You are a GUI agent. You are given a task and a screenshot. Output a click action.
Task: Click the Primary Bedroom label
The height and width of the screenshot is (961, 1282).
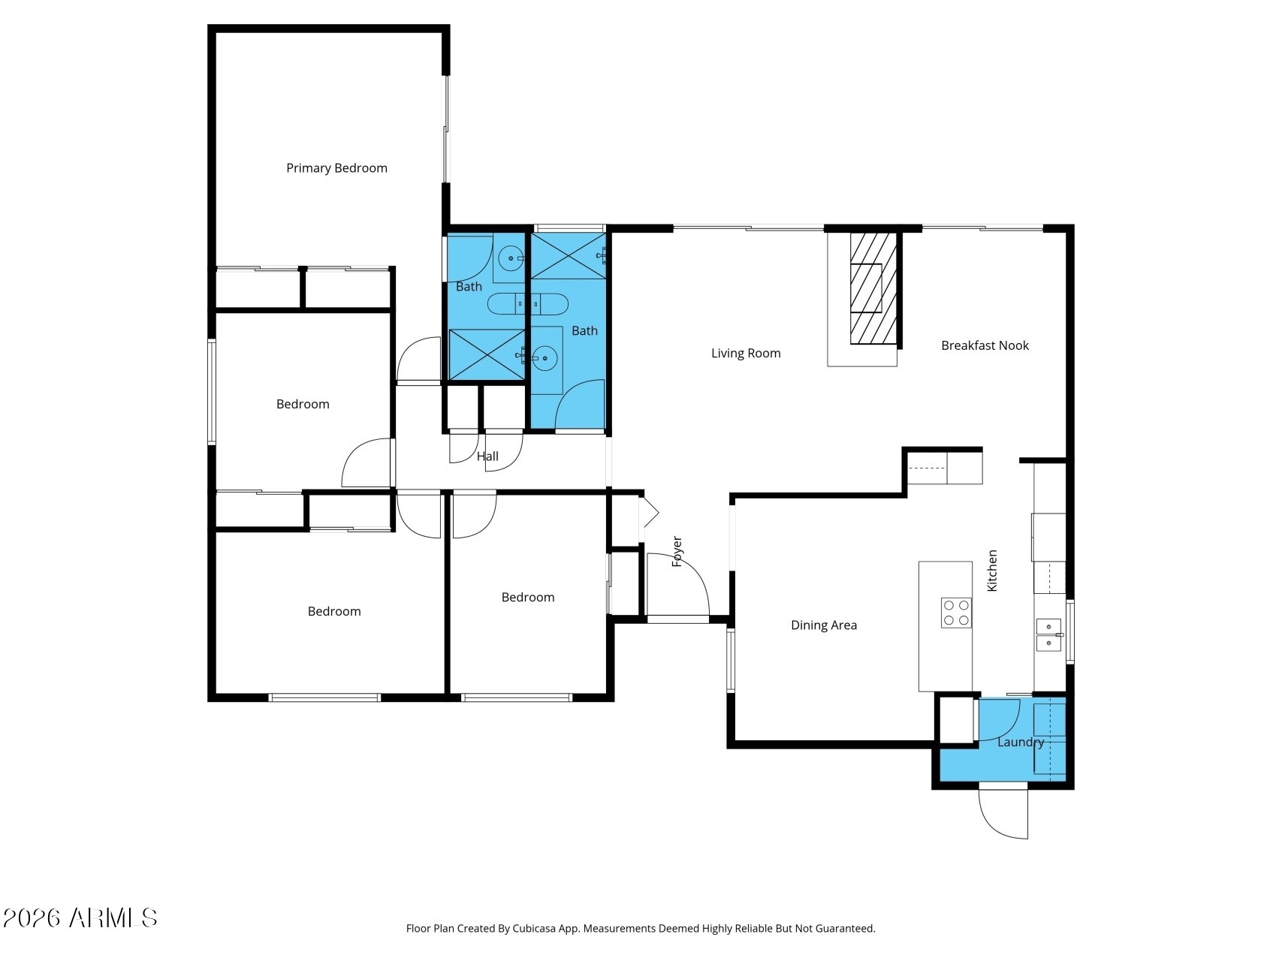[x=336, y=168]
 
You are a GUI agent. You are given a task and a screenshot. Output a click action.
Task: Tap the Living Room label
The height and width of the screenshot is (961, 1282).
[x=746, y=354]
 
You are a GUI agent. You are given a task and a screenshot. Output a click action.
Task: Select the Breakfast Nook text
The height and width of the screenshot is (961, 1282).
[x=985, y=345]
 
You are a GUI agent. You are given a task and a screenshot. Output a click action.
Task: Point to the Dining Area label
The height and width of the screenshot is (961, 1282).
[x=824, y=625]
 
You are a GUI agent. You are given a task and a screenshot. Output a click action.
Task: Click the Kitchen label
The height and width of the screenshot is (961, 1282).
[x=992, y=571]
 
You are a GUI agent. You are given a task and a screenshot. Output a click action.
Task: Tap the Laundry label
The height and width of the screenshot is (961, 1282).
[x=1021, y=743]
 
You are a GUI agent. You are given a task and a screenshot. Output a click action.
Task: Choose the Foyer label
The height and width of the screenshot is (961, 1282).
[x=677, y=551]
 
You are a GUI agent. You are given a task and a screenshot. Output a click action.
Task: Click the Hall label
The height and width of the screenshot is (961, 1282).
[x=487, y=456]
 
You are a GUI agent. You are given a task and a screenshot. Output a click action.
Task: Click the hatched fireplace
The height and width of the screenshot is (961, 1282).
[x=873, y=288]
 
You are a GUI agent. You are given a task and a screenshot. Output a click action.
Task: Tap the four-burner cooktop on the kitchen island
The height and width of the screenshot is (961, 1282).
[x=956, y=613]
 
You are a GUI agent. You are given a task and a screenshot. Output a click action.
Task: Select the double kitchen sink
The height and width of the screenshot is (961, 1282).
[x=1049, y=634]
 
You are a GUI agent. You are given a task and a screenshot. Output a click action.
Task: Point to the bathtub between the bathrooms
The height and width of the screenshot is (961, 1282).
[x=528, y=304]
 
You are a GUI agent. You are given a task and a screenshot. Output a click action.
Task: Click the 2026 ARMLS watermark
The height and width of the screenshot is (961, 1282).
[x=80, y=918]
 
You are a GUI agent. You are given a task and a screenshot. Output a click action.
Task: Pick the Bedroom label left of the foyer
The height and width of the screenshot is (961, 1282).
[x=528, y=598]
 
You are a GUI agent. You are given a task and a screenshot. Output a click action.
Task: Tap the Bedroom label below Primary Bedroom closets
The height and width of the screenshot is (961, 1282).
[x=303, y=405]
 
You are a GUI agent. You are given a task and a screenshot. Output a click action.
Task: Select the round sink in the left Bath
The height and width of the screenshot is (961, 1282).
[x=511, y=258]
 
